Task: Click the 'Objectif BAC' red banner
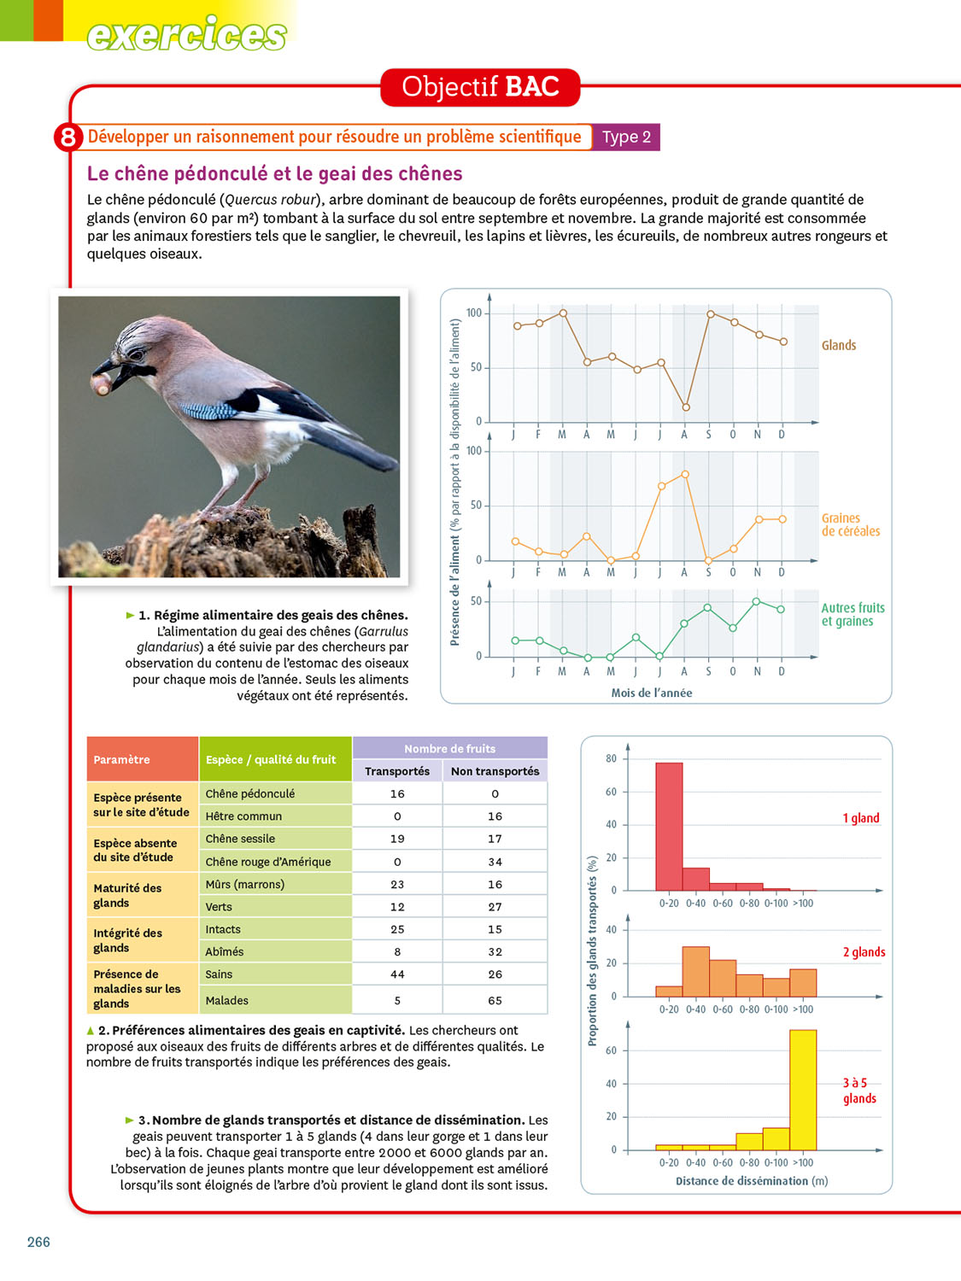click(x=480, y=87)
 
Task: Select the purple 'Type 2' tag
click(x=626, y=137)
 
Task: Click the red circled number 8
click(x=67, y=137)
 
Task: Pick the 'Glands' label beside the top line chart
click(x=838, y=345)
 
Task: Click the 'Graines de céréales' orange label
click(x=850, y=524)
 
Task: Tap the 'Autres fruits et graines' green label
click(x=853, y=614)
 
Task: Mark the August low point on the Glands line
click(x=685, y=407)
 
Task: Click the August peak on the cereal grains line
click(x=685, y=474)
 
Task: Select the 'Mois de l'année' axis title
click(x=651, y=693)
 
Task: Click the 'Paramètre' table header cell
click(x=122, y=759)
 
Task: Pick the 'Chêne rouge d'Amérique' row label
click(x=268, y=862)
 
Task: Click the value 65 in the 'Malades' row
click(x=495, y=1000)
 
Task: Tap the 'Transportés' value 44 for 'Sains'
click(x=397, y=974)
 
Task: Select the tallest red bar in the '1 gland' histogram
click(x=669, y=826)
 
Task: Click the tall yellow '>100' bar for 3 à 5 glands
click(x=803, y=1090)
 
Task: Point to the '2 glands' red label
click(x=864, y=952)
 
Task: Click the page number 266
click(x=38, y=1242)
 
